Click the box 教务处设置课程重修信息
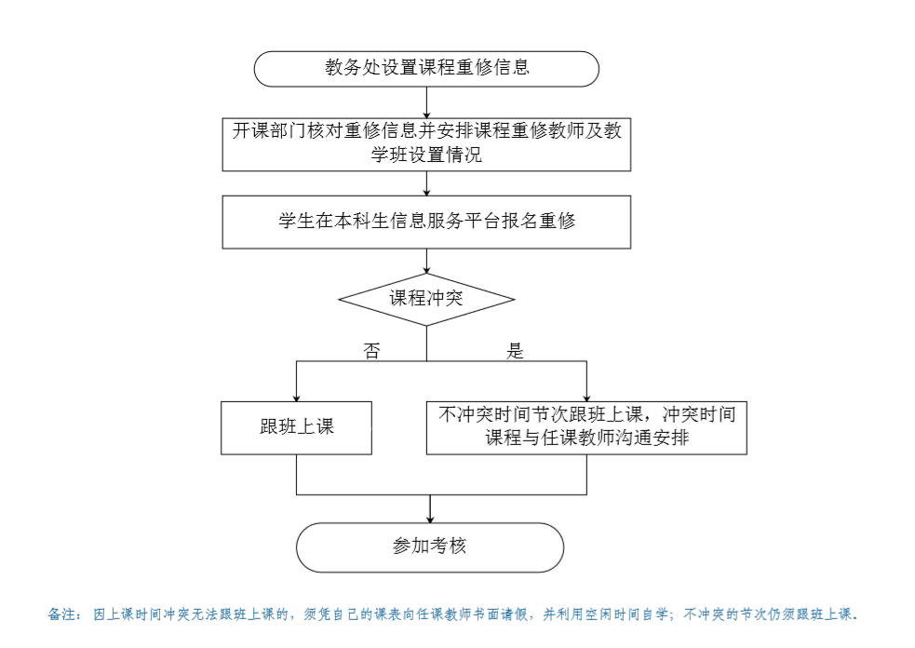[x=426, y=69]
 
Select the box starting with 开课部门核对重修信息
[x=426, y=145]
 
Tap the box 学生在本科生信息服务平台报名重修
[x=426, y=222]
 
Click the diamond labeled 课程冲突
[x=426, y=300]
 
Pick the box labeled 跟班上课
[x=296, y=428]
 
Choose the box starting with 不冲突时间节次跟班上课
[x=586, y=428]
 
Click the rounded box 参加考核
[x=430, y=547]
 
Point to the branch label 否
[x=371, y=350]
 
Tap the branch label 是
[x=515, y=350]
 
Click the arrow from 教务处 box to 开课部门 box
[x=426, y=102]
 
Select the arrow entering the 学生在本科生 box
[x=426, y=183]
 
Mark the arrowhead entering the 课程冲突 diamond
[x=426, y=270]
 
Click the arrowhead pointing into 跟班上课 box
[x=296, y=398]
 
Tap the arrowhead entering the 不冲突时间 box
[x=586, y=398]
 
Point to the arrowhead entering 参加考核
[x=430, y=519]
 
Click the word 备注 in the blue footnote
[x=61, y=614]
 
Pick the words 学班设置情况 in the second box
[x=426, y=155]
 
